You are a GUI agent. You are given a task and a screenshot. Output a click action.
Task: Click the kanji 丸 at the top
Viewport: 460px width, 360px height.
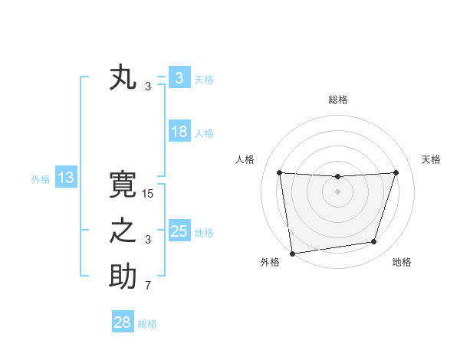(123, 78)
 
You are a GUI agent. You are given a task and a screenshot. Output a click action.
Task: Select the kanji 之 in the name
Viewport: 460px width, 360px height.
(123, 231)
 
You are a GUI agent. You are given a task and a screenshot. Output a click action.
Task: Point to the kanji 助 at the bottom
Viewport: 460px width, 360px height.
(123, 277)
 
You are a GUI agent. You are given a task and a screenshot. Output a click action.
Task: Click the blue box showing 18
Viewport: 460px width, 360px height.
(179, 132)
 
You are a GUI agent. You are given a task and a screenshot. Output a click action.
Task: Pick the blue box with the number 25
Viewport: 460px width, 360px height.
(179, 231)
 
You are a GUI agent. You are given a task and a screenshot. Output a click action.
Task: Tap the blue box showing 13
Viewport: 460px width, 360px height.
(65, 178)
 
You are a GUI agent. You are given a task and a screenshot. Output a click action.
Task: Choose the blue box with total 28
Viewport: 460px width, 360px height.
(123, 322)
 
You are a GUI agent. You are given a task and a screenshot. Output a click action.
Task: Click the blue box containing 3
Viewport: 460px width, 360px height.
(179, 78)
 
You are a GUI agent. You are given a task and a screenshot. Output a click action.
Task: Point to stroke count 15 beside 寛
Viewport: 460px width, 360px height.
(148, 194)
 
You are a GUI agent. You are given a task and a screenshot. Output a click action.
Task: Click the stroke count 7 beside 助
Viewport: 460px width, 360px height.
(148, 286)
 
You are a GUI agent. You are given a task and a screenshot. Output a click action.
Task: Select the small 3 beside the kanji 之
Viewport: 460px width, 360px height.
(148, 240)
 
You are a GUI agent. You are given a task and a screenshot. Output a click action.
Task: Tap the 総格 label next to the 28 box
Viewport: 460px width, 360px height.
(147, 324)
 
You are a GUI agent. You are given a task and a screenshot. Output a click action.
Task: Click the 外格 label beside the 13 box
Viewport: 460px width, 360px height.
(41, 179)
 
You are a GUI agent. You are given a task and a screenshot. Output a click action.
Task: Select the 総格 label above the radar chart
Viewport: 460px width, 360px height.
(337, 100)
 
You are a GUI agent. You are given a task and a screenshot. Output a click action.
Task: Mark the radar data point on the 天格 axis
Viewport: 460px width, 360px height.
(396, 172)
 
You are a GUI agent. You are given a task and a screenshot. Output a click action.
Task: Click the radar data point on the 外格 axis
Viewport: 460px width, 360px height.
(292, 253)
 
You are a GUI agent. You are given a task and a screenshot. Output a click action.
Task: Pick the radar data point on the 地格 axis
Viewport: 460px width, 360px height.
(374, 242)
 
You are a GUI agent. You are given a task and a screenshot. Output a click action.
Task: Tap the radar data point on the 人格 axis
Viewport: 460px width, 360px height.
(279, 172)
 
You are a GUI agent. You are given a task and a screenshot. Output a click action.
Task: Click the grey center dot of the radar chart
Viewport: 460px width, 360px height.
(337, 191)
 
